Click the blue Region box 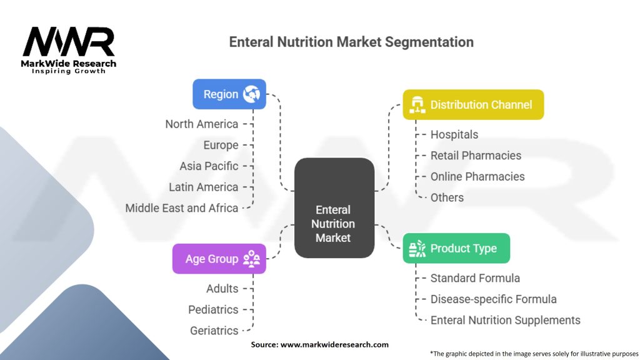(229, 94)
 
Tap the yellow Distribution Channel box (473, 105)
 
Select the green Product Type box (456, 248)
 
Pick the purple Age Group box (219, 259)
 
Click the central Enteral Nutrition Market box (334, 207)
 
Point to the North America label (202, 124)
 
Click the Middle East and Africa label (182, 208)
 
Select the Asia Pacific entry (209, 166)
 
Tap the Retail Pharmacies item (476, 156)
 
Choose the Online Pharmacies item (477, 177)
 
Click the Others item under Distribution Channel (447, 197)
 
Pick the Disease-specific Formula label (494, 299)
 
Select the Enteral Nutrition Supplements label (505, 321)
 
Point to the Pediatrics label (213, 310)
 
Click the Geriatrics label (214, 331)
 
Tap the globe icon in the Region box (251, 94)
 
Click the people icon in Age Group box (251, 259)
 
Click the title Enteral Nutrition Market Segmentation (351, 42)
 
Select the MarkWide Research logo (69, 50)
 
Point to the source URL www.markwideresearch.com (335, 344)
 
